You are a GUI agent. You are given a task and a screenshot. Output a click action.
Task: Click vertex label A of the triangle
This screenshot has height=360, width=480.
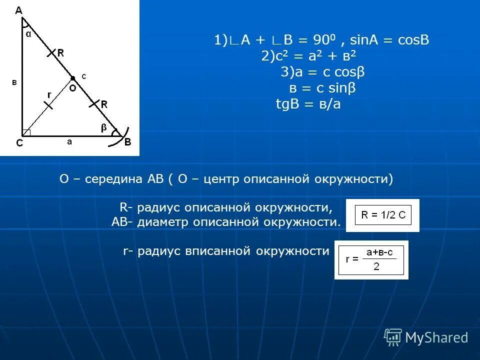[18, 10]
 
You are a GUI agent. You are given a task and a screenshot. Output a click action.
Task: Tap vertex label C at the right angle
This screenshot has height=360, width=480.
[19, 142]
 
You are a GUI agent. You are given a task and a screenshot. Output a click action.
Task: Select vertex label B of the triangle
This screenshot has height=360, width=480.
[127, 142]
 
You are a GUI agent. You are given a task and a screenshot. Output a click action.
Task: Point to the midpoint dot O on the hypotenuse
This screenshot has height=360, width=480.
[72, 78]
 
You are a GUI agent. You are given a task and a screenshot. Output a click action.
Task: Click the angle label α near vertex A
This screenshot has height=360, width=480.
[28, 34]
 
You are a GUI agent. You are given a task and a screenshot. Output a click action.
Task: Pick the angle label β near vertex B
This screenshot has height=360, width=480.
[104, 128]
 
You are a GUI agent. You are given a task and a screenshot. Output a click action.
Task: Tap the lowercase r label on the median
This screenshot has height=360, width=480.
[49, 94]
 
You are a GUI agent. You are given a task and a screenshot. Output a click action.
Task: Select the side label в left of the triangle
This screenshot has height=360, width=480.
[14, 82]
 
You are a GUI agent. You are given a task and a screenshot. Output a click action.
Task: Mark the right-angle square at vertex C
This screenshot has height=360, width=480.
[26, 132]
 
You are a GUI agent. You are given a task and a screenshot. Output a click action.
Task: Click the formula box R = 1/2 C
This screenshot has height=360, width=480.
[382, 215]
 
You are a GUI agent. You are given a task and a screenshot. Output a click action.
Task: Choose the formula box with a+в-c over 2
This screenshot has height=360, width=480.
[371, 259]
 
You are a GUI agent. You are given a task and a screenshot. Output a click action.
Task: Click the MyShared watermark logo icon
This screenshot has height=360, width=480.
[393, 337]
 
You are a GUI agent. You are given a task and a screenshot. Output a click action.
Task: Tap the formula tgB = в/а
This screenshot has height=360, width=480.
[308, 104]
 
